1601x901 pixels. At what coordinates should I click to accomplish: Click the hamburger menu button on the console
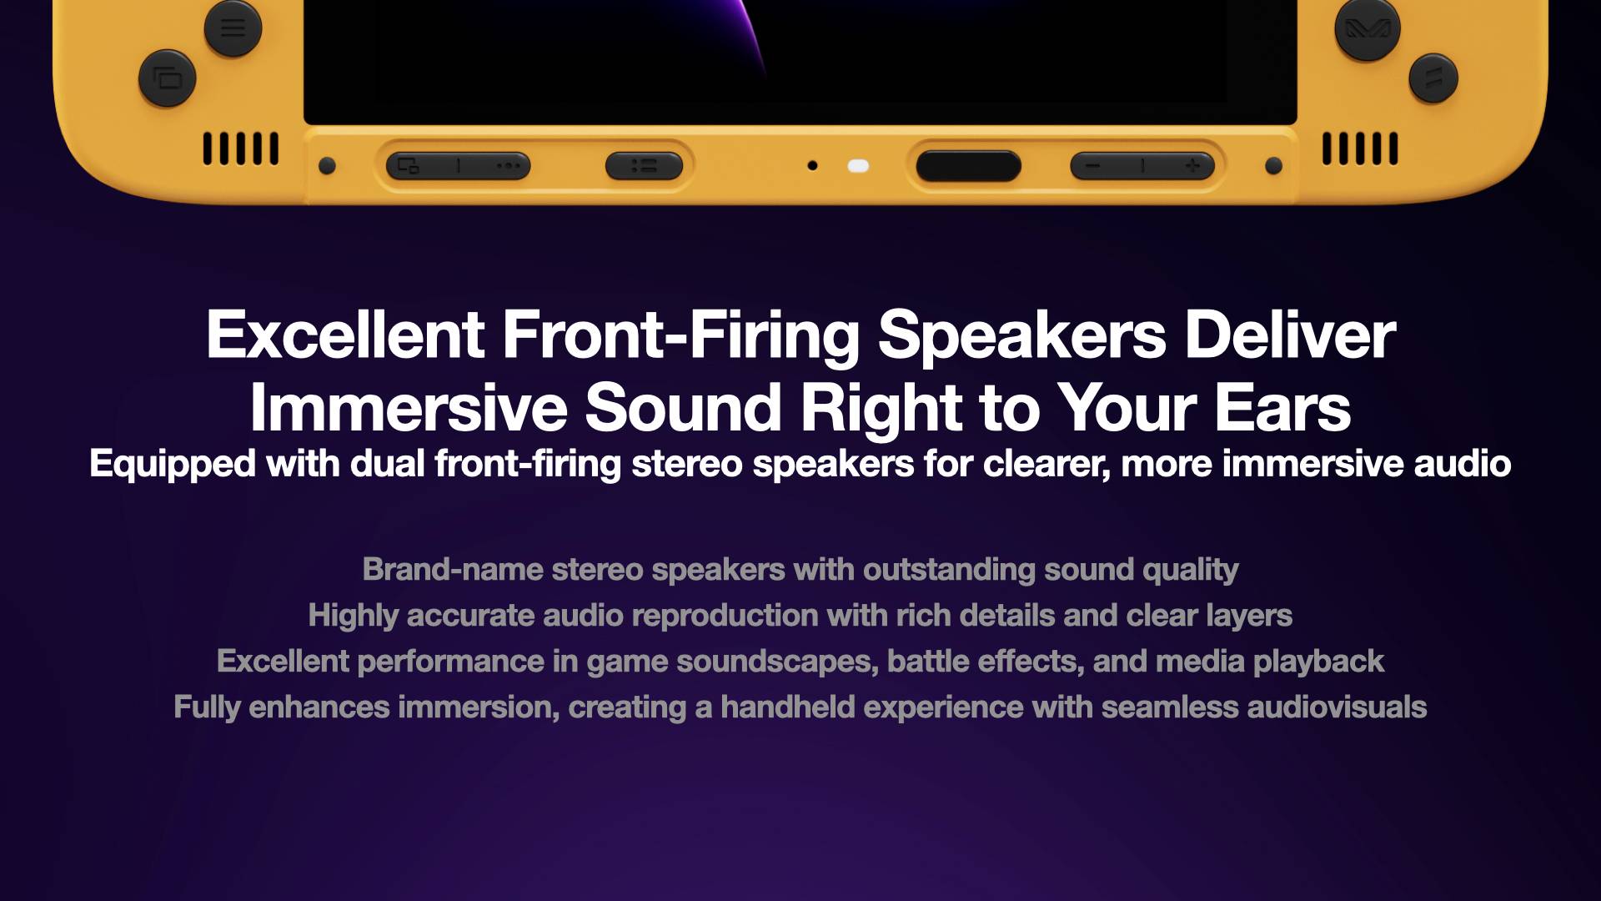click(233, 28)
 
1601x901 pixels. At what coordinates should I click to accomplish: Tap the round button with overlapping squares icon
click(168, 78)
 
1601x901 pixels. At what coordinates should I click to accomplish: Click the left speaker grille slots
click(241, 148)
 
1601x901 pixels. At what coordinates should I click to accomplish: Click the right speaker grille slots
click(1360, 148)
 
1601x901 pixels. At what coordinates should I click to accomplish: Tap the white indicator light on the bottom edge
click(858, 165)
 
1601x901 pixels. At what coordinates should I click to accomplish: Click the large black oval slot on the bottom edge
click(968, 166)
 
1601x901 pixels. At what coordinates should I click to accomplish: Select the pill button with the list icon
click(644, 166)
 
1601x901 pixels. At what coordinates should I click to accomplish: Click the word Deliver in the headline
click(1290, 335)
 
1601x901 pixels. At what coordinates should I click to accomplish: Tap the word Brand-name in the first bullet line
click(453, 569)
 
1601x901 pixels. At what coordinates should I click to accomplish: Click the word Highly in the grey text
click(353, 617)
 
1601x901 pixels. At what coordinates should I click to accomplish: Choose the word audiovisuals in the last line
click(1337, 707)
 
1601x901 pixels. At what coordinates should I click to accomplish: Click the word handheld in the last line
click(787, 707)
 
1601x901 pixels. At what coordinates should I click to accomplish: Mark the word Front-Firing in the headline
click(680, 335)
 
